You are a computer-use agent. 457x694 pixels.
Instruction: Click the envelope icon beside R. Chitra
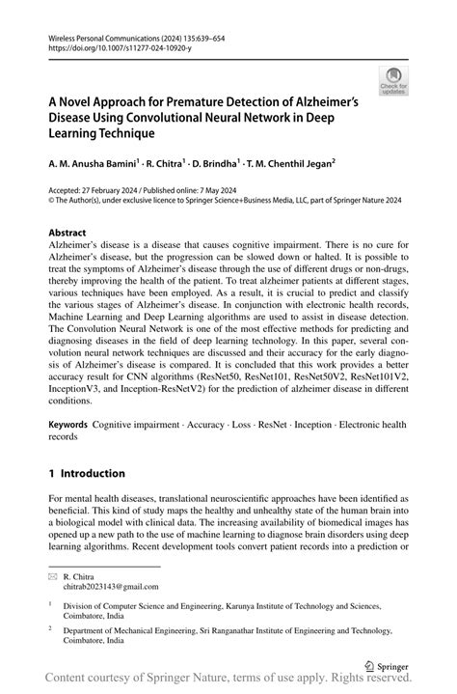54,573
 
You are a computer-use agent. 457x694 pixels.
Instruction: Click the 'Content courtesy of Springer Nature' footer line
228,681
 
